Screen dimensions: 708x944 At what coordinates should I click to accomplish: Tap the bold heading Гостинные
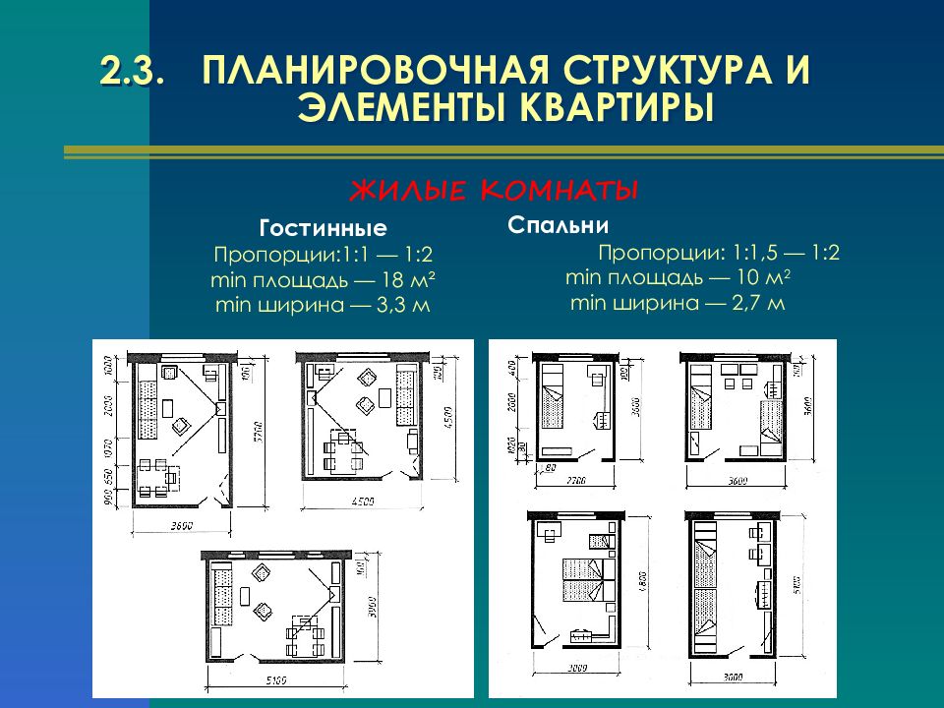coord(323,229)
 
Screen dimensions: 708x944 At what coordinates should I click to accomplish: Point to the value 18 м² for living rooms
coord(398,280)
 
